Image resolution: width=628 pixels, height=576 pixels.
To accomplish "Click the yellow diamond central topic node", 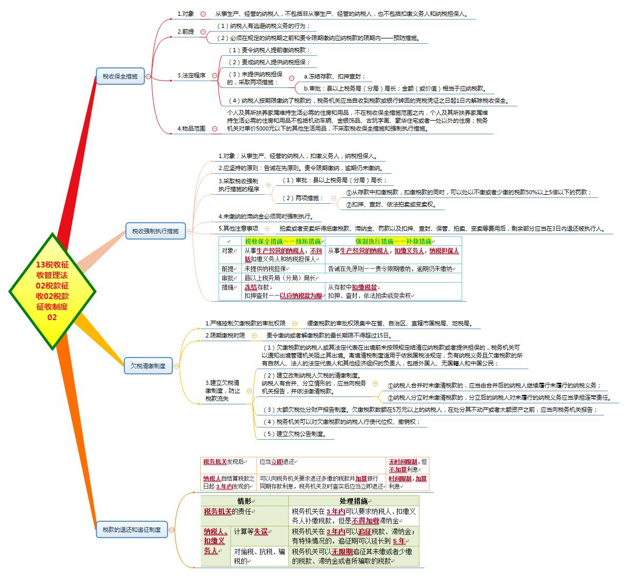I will (x=52, y=291).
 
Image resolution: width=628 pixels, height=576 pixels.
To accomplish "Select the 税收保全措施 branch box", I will (x=120, y=76).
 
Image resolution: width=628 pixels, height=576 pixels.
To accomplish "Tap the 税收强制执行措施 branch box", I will (x=155, y=231).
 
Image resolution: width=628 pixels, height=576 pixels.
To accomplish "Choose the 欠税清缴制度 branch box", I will (x=148, y=365).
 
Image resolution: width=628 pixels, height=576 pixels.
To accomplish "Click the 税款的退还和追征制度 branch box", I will (x=132, y=529).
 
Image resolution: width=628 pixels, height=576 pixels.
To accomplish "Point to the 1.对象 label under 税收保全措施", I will (x=185, y=14).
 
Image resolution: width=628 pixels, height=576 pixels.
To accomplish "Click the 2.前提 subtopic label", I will (x=185, y=32).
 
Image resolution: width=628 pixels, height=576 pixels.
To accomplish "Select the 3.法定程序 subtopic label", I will (x=191, y=75).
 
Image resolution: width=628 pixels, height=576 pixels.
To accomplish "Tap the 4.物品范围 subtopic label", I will (x=191, y=128).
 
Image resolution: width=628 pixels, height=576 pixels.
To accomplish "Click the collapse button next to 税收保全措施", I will (x=149, y=76).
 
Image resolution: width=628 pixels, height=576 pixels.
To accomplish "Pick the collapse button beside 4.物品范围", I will (x=214, y=128).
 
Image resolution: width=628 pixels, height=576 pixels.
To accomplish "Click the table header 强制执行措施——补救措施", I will (x=393, y=241).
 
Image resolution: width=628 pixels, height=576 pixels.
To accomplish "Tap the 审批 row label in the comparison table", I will (x=228, y=278).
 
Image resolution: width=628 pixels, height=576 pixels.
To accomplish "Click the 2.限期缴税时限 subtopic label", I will (x=225, y=335).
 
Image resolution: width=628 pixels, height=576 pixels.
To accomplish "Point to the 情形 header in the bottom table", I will (x=245, y=501).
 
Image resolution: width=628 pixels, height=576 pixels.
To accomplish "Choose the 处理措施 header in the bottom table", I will (x=354, y=501).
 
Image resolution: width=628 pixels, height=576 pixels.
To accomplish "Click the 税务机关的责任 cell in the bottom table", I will (x=229, y=511).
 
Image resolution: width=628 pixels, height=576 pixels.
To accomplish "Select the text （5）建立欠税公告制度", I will (x=296, y=434).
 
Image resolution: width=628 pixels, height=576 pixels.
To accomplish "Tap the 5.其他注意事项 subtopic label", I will (x=238, y=228).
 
